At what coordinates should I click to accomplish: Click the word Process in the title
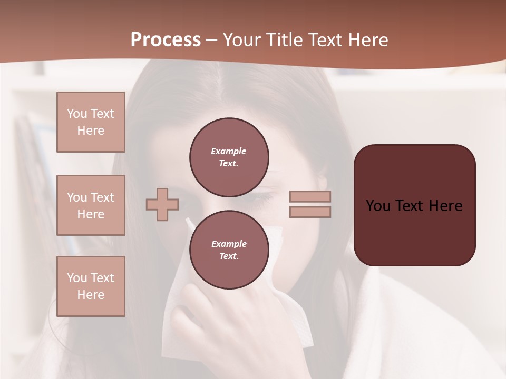coord(166,40)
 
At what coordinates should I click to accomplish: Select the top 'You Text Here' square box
coord(91,122)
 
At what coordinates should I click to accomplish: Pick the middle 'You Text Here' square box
coord(91,205)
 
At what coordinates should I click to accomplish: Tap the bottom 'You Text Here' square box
coord(91,286)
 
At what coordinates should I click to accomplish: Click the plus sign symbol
coord(162,204)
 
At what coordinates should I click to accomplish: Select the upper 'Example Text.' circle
coord(229,157)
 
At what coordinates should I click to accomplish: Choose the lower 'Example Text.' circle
coord(229,250)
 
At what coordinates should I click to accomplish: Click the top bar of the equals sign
coord(310,196)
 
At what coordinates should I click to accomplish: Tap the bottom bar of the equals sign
coord(310,212)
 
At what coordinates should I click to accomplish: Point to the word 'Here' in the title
coord(367,40)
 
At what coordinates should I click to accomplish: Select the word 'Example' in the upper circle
coord(229,152)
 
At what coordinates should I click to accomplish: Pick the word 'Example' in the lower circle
coord(229,244)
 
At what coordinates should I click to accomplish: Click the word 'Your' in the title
coord(242,40)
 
